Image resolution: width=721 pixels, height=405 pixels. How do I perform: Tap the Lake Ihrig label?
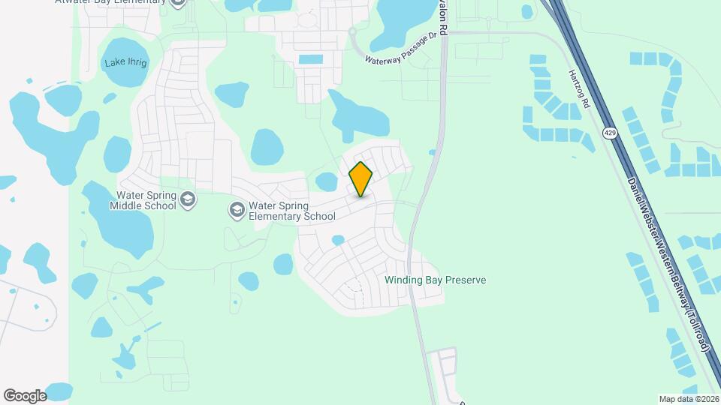(126, 62)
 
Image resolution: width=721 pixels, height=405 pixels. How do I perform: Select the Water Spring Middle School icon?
(188, 199)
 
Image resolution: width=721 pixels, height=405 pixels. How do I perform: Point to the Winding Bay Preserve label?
(435, 280)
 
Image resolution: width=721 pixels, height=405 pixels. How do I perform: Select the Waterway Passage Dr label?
(400, 49)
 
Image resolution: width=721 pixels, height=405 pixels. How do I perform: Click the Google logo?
(25, 395)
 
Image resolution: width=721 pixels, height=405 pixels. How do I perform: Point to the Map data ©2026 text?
(689, 398)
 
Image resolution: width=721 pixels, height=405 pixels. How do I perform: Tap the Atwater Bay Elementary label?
(110, 1)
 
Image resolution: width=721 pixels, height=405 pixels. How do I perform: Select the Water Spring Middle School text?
(143, 200)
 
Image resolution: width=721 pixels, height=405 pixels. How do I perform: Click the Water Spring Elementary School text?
(291, 211)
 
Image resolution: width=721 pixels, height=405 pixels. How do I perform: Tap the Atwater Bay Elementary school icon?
(177, 2)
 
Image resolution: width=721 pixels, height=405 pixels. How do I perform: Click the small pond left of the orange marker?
(327, 181)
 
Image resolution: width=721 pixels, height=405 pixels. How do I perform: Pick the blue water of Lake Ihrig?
(125, 75)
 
